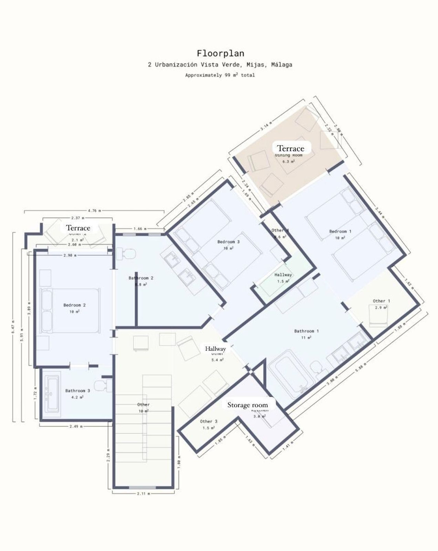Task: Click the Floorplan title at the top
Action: (220, 53)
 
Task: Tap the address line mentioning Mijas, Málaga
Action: (220, 65)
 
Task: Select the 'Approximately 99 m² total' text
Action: (220, 75)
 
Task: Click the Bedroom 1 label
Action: (340, 231)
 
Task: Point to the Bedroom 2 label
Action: (74, 305)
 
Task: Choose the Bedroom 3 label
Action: (228, 242)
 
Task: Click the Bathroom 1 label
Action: (306, 331)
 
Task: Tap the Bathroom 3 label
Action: (77, 391)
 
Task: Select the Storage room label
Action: (247, 405)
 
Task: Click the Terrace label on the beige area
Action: (291, 148)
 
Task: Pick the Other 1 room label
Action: (381, 301)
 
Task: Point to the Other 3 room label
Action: (208, 421)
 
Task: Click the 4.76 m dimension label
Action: (94, 210)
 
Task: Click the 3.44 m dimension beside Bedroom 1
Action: (380, 212)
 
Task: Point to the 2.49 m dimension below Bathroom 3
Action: (76, 426)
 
